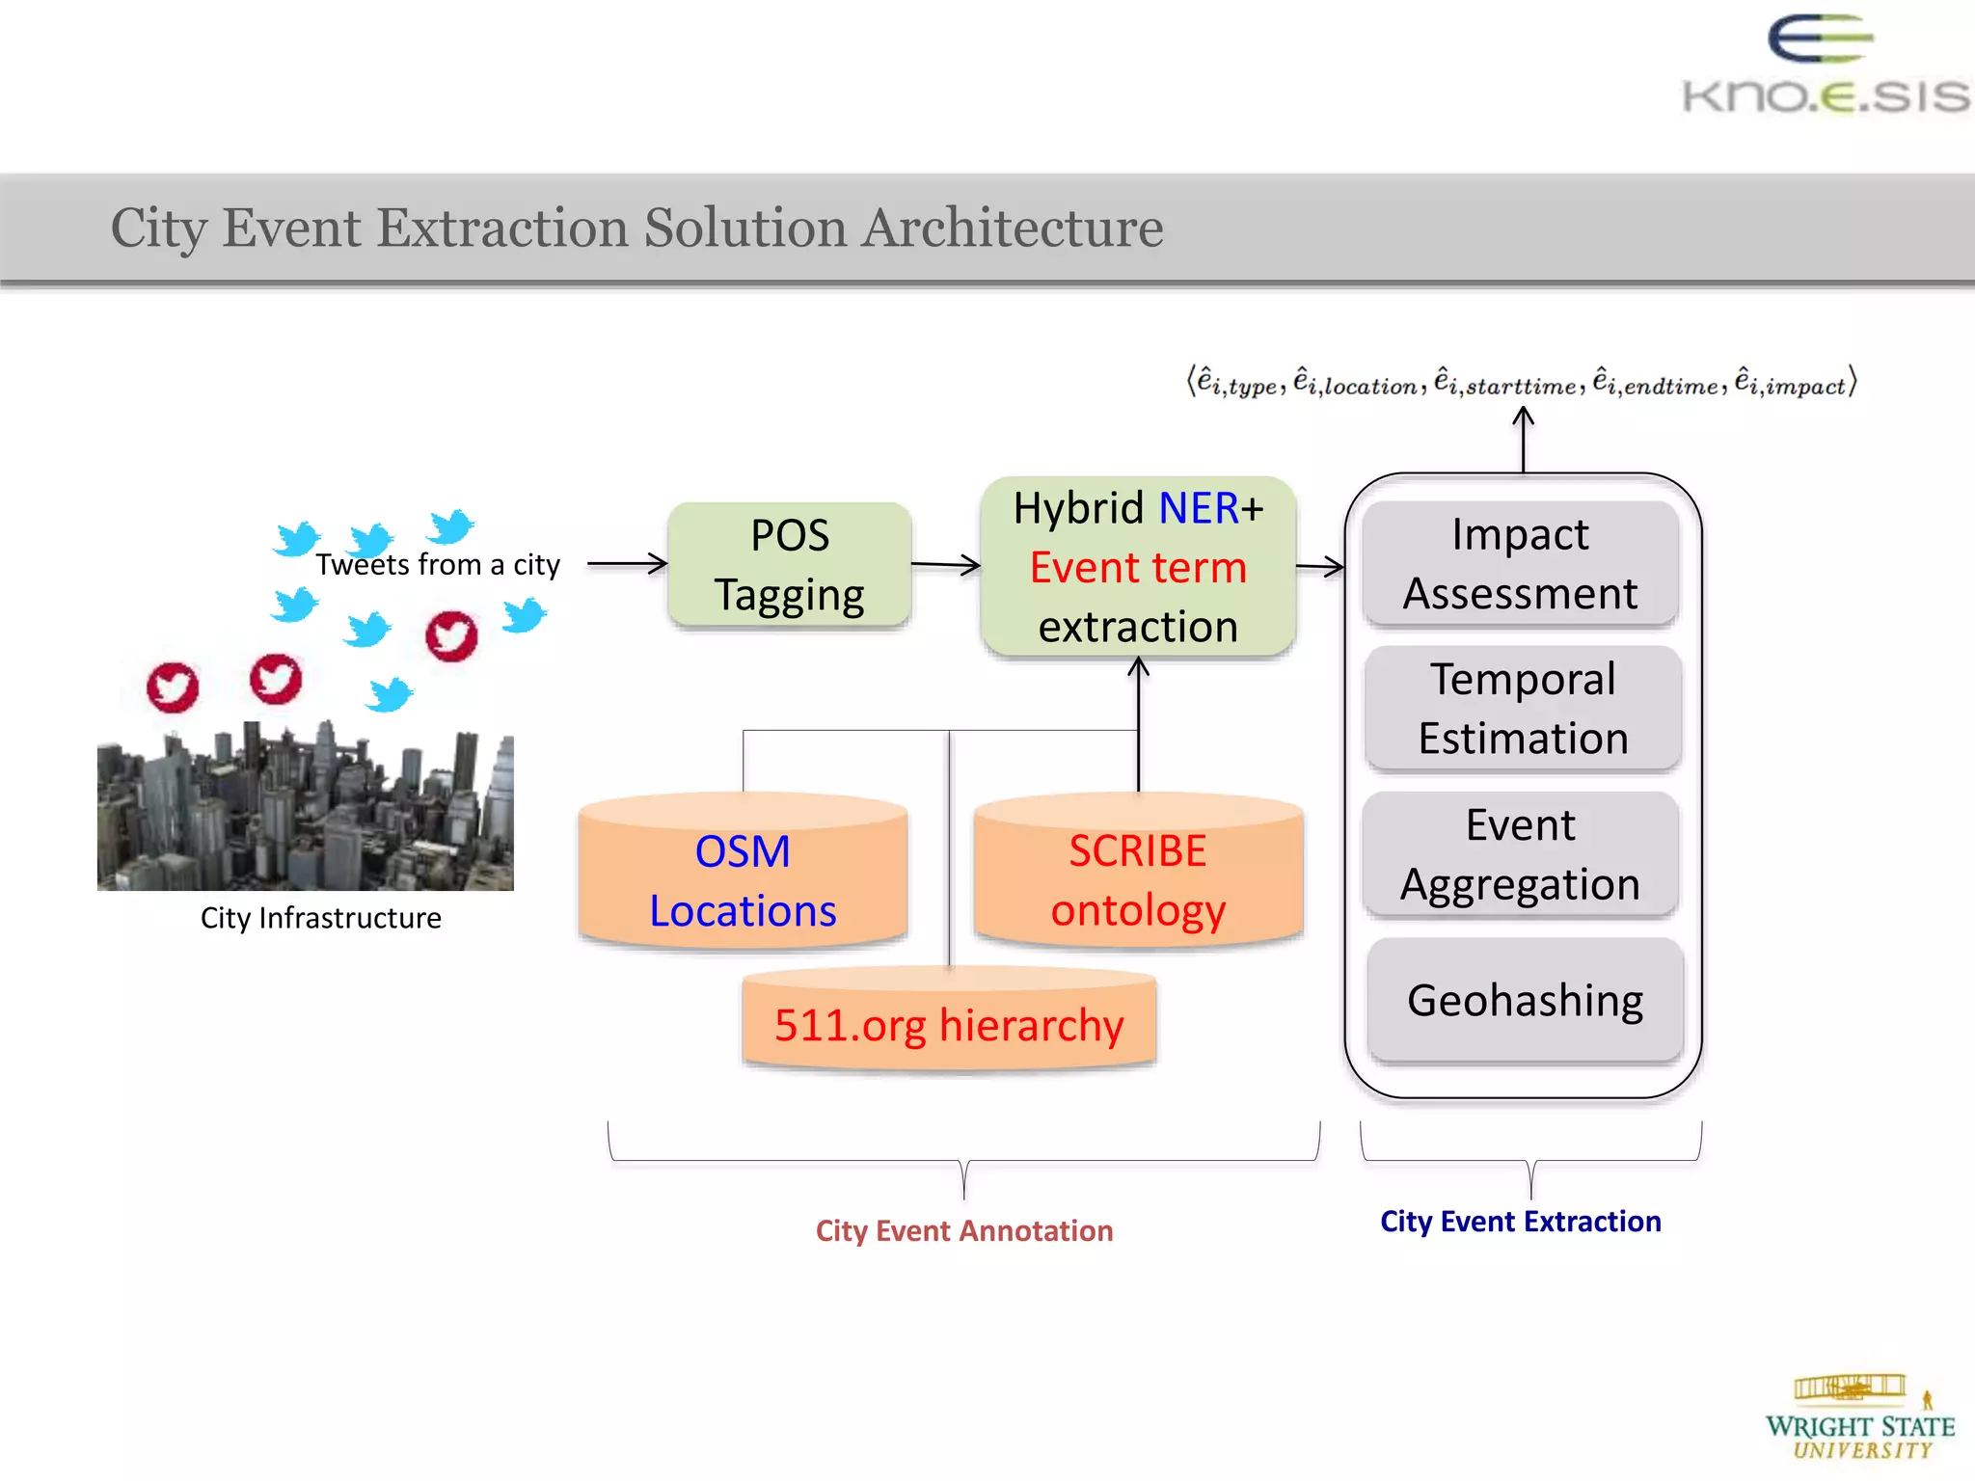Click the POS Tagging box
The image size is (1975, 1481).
(790, 565)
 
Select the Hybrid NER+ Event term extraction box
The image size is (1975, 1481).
(1138, 567)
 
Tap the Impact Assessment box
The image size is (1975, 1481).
(1521, 564)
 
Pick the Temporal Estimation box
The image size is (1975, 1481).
(1523, 709)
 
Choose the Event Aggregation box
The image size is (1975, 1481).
(1521, 854)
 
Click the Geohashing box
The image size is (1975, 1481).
(1525, 1000)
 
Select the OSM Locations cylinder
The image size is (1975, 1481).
(743, 873)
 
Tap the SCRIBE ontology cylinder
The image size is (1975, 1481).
(1138, 873)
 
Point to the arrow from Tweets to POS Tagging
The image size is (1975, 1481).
(627, 564)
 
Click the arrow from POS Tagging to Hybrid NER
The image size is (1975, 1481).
(945, 565)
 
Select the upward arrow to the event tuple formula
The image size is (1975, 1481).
(1523, 440)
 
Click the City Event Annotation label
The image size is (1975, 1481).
(964, 1231)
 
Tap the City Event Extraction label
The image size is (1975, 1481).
(1520, 1222)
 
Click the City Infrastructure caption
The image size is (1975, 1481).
(320, 918)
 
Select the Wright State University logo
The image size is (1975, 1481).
(1859, 1417)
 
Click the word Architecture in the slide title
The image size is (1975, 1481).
(1012, 229)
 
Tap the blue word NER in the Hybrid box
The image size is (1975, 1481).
(1198, 508)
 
